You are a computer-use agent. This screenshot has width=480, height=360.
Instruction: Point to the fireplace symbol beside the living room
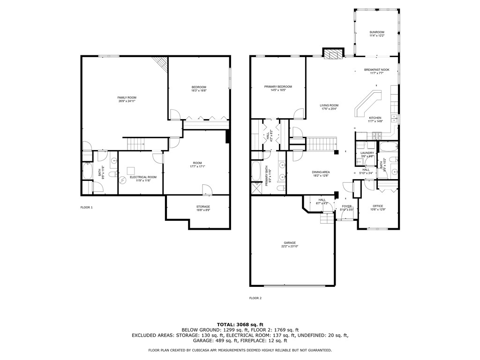[x=333, y=54]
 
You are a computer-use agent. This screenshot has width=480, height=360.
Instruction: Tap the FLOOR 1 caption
[x=86, y=207]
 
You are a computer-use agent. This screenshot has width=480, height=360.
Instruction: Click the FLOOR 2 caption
[x=255, y=298]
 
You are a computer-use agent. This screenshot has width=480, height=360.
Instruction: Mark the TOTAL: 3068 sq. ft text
[x=240, y=324]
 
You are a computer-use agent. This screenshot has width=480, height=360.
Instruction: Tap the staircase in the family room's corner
[x=162, y=64]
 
